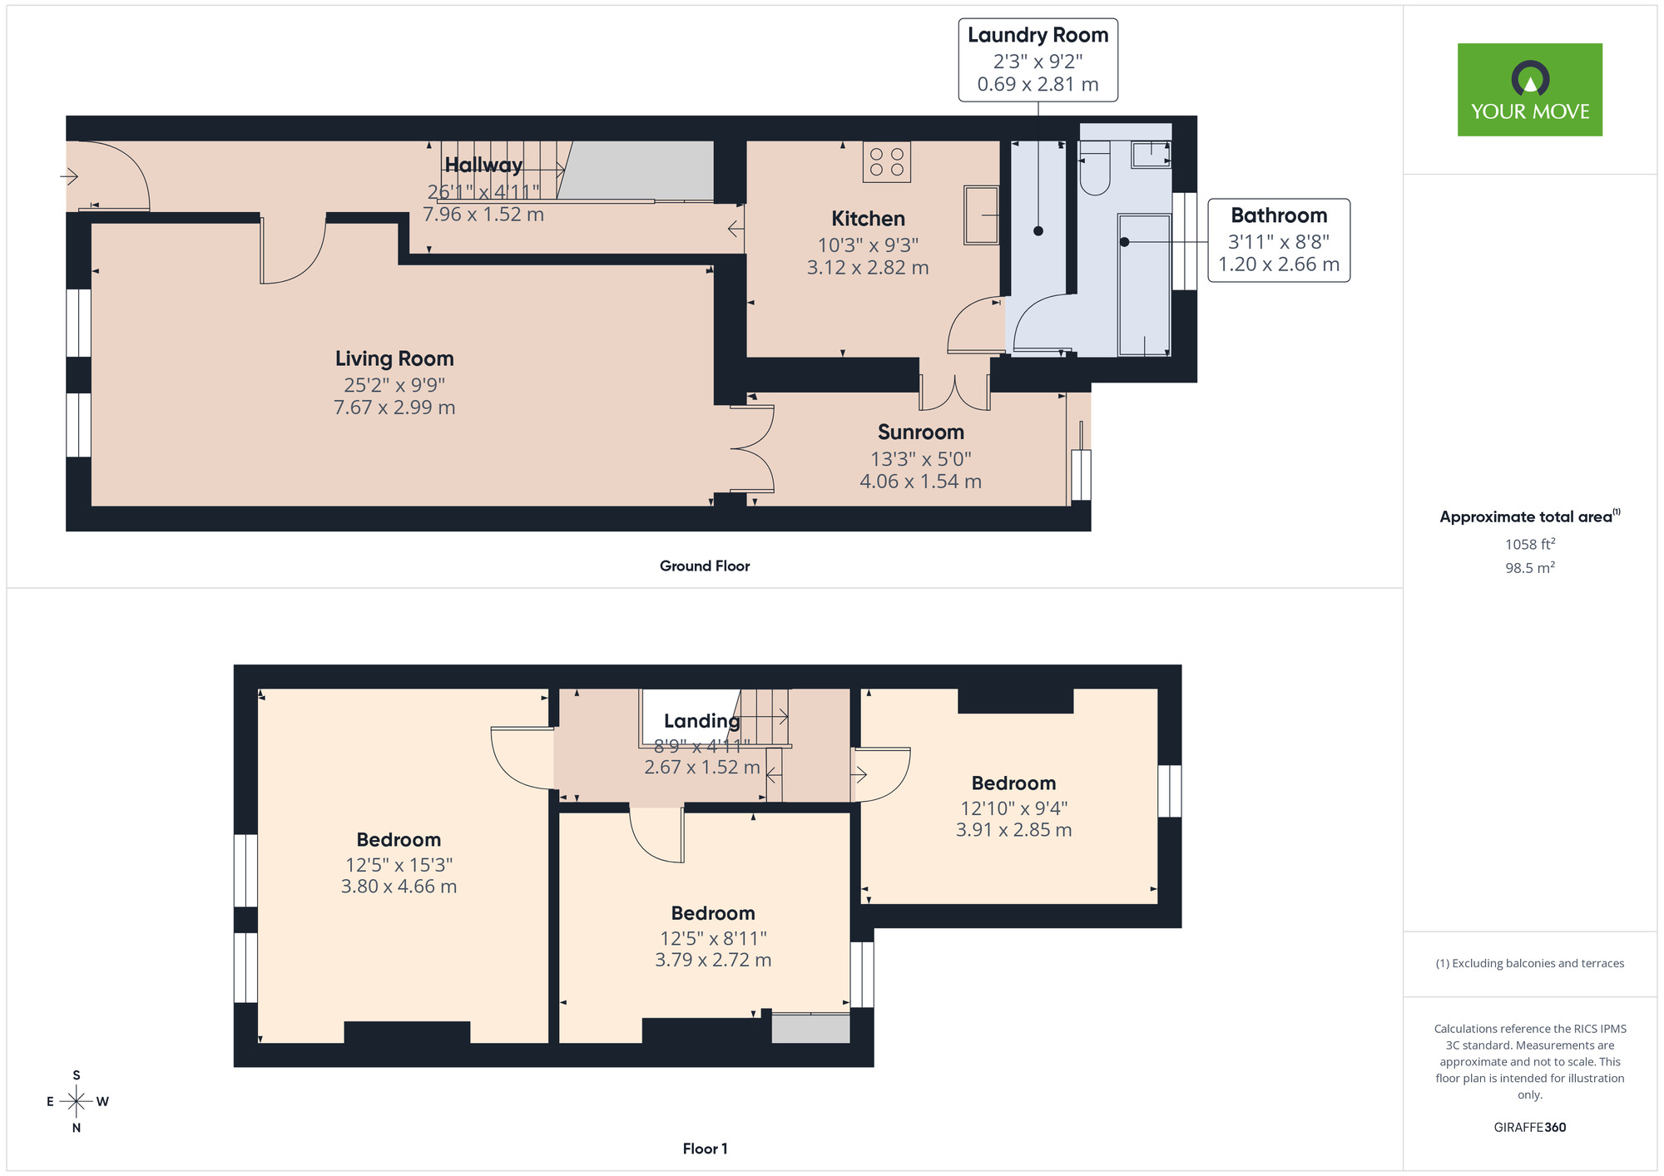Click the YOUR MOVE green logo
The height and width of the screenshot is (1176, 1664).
point(1529,90)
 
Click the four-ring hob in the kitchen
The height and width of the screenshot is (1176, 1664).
point(887,161)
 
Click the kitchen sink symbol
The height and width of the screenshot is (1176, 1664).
point(982,215)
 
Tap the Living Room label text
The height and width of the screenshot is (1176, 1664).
point(394,358)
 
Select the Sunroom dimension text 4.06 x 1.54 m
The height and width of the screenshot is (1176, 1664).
point(920,482)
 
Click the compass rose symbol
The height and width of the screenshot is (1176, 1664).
point(77,1101)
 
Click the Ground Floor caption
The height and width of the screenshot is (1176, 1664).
point(705,566)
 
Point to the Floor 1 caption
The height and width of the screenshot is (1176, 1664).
point(705,1149)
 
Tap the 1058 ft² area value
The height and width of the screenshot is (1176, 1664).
point(1529,544)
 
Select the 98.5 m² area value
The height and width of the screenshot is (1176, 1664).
point(1529,568)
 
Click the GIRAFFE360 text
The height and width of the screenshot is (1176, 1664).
point(1529,1128)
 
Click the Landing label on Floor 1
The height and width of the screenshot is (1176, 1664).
point(701,721)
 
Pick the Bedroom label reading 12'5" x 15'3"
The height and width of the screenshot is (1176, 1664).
point(399,840)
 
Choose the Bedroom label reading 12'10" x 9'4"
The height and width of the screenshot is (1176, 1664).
point(1013,783)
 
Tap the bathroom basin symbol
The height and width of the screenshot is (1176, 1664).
point(1151,153)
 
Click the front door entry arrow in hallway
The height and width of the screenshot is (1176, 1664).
point(70,176)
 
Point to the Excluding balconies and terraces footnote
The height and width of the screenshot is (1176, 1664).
point(1529,963)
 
